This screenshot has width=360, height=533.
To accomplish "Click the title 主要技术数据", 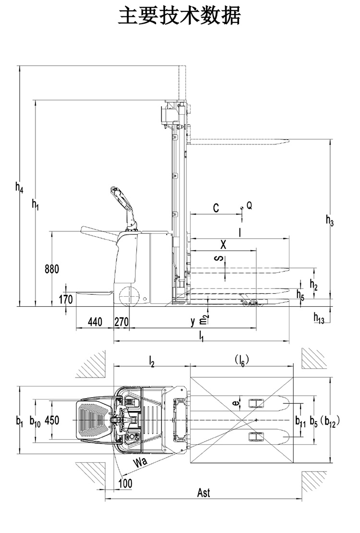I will click(x=180, y=16).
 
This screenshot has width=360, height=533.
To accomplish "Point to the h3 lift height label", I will click(x=329, y=220).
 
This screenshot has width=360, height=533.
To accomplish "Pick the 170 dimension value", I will click(x=66, y=300).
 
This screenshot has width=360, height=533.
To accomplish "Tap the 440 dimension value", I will click(x=95, y=322).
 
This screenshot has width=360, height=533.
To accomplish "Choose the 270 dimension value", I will click(x=121, y=322).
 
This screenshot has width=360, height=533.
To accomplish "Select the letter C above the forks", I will click(x=216, y=208).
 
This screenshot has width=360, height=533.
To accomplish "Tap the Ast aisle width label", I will click(x=204, y=493).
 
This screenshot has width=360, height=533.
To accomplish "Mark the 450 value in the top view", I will click(x=51, y=420).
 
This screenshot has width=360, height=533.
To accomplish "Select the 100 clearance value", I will click(x=125, y=483).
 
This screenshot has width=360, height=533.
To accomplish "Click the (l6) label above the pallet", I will click(x=240, y=359).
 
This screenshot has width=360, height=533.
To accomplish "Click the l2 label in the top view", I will click(x=151, y=360).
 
